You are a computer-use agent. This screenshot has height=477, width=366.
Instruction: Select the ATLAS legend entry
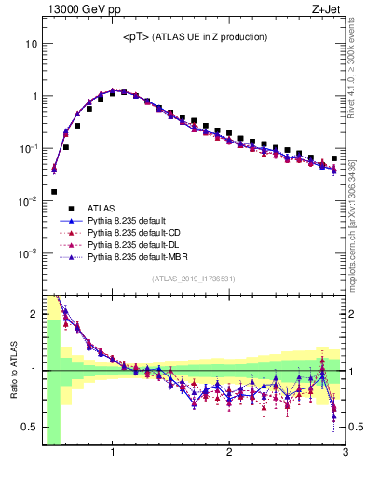102,208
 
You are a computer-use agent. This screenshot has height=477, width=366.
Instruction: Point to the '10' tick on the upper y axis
31,44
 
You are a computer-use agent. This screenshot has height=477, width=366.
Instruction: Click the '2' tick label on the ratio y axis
34,314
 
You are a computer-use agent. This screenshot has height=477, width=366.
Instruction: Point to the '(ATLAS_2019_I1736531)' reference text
193,279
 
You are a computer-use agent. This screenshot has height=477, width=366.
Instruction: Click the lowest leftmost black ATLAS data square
54,192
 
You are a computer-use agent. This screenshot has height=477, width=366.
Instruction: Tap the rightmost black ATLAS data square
333,158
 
